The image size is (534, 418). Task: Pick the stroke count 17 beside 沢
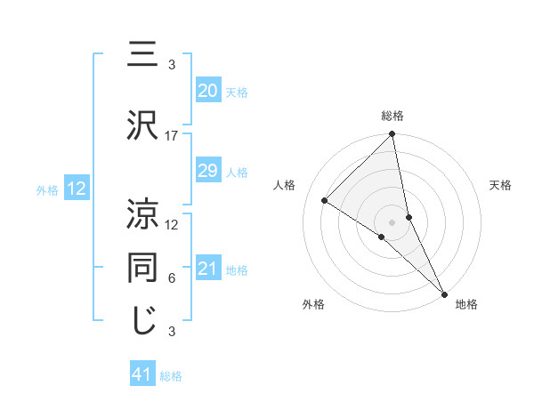point(172,136)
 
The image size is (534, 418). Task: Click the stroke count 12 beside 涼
point(172,225)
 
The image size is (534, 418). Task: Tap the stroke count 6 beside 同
point(172,278)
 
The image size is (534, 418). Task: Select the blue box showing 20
point(207,90)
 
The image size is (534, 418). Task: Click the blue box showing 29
point(207,171)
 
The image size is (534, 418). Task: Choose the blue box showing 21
point(207,269)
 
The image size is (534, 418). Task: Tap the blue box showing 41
point(142,374)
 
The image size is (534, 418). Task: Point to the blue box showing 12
point(76,189)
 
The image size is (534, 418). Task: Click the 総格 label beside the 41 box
point(171,376)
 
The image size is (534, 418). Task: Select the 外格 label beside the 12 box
point(47,189)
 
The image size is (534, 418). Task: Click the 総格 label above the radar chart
point(392,116)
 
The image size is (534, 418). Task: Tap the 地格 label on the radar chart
point(466,305)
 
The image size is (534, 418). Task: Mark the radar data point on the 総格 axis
point(392,135)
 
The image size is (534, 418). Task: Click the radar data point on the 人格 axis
point(325,201)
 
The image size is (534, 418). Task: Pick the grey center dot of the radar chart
point(392,221)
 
